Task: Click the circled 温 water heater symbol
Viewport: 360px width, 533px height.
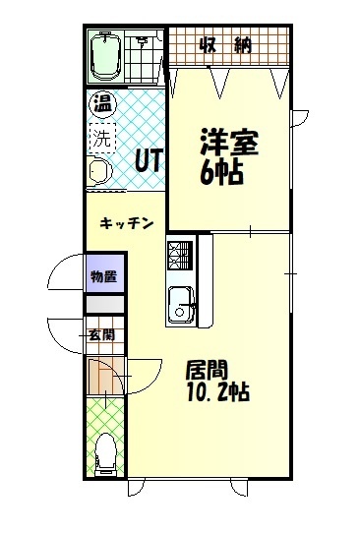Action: [102, 102]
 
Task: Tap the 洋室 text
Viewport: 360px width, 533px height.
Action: [230, 144]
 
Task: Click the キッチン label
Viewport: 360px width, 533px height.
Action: [126, 224]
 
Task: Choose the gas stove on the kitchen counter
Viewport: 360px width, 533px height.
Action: [179, 258]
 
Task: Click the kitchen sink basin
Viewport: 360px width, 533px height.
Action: [181, 302]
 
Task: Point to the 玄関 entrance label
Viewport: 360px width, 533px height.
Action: [101, 334]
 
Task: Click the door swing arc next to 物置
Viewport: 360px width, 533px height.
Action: [65, 274]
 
